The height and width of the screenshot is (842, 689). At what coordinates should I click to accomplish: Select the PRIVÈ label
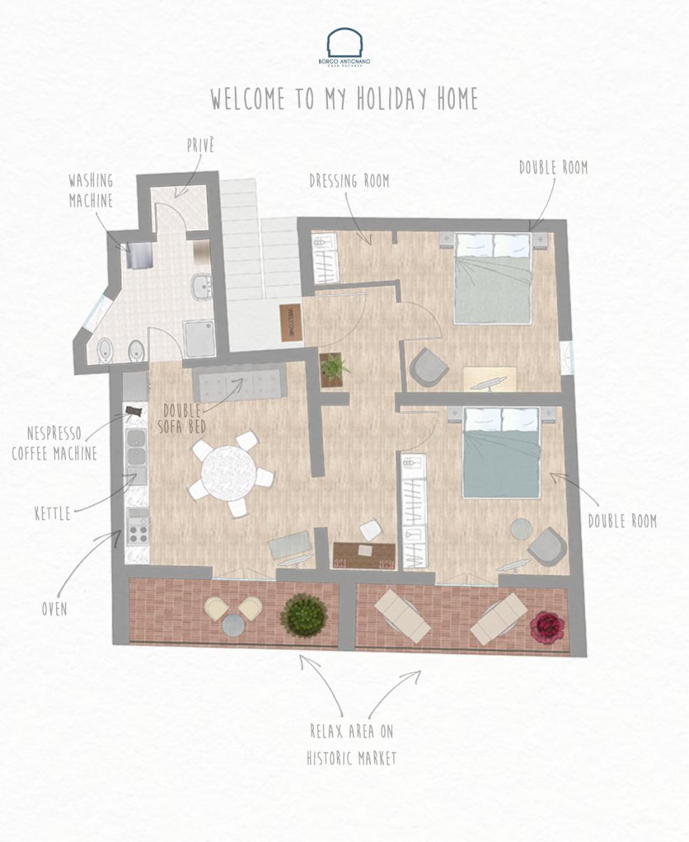(200, 145)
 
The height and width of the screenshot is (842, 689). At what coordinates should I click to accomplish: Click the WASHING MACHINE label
(91, 191)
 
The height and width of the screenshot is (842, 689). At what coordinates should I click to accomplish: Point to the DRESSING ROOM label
(350, 181)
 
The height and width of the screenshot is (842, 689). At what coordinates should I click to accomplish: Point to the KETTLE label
(52, 514)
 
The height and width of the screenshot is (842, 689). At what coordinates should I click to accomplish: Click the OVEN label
(54, 609)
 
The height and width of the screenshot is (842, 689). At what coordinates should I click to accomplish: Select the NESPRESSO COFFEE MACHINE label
(54, 443)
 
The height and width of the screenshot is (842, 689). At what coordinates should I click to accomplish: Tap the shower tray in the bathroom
(199, 339)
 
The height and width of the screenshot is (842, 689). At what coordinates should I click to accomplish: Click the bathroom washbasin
(202, 287)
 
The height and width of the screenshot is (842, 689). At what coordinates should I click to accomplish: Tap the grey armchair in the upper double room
(429, 367)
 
